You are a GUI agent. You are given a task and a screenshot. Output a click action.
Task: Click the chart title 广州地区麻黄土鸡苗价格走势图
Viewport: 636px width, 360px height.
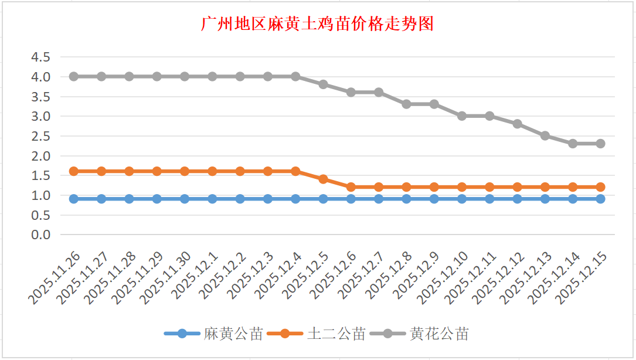pos(317,25)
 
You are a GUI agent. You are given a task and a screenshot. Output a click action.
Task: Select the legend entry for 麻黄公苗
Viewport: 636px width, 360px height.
pos(233,334)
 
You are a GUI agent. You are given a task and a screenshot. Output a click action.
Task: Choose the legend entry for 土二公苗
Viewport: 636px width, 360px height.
pos(336,334)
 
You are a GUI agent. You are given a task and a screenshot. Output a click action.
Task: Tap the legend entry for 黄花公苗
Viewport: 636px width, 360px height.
pos(439,334)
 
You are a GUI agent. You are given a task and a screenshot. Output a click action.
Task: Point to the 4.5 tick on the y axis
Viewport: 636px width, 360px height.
pos(41,57)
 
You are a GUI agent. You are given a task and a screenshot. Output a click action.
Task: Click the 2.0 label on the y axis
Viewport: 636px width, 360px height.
pos(41,156)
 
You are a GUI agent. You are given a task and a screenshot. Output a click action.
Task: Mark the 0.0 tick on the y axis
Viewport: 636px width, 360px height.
pos(41,235)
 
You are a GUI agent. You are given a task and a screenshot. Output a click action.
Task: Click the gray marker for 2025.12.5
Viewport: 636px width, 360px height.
pos(323,84)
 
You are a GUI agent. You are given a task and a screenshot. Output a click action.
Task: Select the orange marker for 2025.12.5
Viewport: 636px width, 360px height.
pos(323,179)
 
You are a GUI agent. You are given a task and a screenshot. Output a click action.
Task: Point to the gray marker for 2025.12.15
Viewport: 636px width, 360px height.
pos(600,144)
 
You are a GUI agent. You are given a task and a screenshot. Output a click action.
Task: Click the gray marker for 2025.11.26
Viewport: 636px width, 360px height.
pos(74,76)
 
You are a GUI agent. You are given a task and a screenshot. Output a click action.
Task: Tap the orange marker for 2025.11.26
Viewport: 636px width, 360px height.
pos(74,171)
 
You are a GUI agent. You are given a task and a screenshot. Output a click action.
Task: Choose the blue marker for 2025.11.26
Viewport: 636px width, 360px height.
pos(74,199)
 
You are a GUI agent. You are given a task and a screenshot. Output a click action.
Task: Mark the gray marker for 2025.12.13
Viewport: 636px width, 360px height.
pos(545,135)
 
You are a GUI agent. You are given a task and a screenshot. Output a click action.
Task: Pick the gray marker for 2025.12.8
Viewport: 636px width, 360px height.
pos(406,104)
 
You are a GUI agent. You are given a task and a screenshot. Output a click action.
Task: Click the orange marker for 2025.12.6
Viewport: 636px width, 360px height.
pos(351,187)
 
